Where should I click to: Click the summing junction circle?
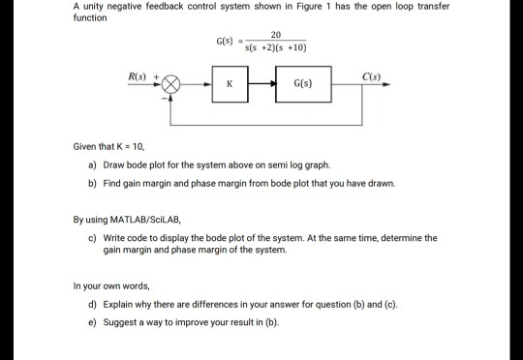(x=173, y=85)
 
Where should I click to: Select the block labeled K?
(x=229, y=85)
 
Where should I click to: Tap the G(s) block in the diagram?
(x=303, y=85)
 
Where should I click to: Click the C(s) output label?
(x=371, y=75)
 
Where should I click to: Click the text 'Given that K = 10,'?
(x=109, y=147)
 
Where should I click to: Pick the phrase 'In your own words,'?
(x=110, y=286)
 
